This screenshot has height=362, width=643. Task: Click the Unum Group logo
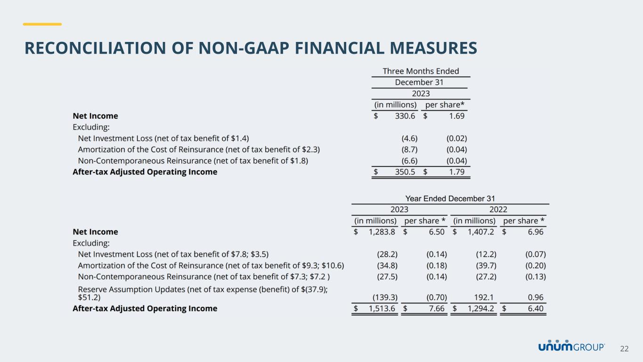[571, 346]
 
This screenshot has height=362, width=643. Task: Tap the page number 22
[624, 349]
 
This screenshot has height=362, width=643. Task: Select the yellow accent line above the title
[42, 24]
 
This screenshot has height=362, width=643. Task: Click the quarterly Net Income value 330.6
[405, 116]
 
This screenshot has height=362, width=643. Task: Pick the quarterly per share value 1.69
[457, 116]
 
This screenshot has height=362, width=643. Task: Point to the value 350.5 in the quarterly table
[405, 172]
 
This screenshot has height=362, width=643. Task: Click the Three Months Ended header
[421, 71]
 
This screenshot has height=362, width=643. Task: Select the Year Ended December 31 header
[450, 199]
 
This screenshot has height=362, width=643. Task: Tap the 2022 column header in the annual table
[498, 210]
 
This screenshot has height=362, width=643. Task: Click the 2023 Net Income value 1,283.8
[382, 232]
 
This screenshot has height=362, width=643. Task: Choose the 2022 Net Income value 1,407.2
[481, 232]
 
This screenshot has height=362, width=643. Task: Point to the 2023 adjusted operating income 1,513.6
[382, 309]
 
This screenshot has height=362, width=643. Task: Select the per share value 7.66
[437, 309]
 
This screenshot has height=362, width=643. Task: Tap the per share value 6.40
[536, 309]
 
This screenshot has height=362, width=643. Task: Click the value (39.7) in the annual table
[486, 265]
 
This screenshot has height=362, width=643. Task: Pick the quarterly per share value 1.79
[457, 172]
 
